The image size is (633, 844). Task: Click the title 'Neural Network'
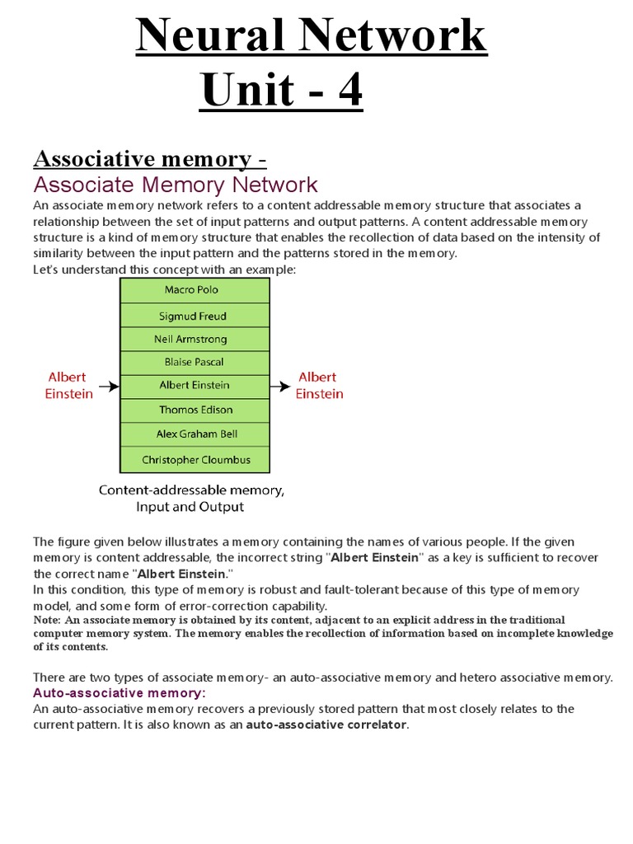311,37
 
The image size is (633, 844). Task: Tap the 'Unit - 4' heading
282,91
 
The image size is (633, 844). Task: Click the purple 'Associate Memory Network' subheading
175,184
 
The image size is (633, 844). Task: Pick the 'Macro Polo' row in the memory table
195,290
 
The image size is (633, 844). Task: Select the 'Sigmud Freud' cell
195,316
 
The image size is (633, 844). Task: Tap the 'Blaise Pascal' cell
195,362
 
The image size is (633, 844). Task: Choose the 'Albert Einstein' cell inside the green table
195,385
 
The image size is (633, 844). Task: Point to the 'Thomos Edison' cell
195,410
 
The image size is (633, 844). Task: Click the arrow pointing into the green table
109,386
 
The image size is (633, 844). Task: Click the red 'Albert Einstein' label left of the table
68,386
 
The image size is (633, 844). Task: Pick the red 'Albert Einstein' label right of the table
319,386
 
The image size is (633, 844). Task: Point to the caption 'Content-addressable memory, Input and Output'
191,498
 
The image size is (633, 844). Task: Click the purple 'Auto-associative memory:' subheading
119,692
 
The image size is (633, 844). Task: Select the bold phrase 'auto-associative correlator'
326,724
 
